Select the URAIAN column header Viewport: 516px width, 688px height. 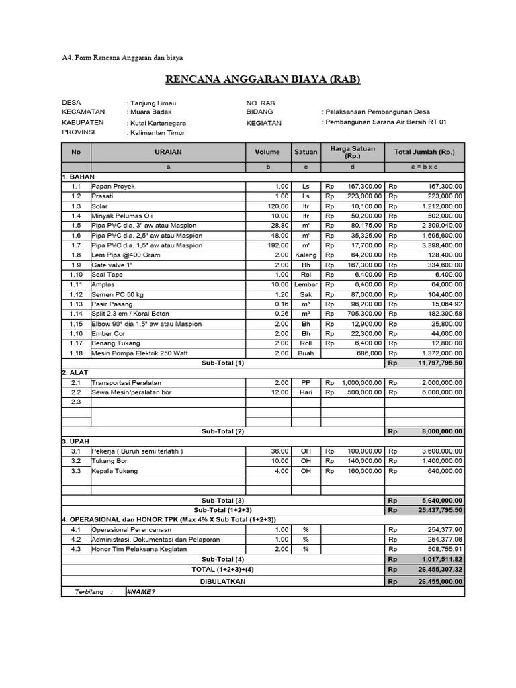[x=168, y=153]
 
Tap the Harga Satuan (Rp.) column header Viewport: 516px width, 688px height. [x=353, y=152]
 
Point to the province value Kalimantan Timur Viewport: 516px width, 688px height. [x=157, y=134]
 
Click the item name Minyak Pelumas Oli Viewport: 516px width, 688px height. [x=122, y=216]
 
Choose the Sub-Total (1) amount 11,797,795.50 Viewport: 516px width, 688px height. [x=435, y=363]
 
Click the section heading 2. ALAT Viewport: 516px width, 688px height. [x=75, y=372]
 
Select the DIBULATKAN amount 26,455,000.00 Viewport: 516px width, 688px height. [x=435, y=581]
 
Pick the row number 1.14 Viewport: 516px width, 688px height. [x=76, y=314]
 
